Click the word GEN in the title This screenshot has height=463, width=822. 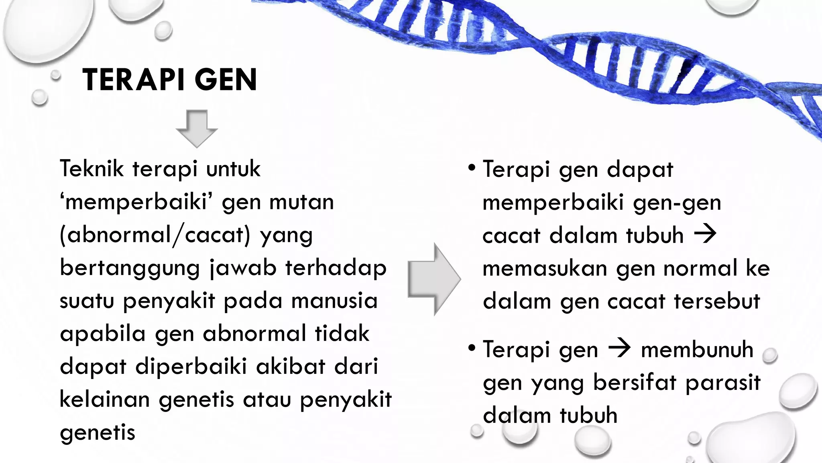226,80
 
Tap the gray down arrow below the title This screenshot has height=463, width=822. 197,128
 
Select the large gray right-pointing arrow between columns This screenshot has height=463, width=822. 434,279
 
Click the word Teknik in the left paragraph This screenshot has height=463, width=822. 92,169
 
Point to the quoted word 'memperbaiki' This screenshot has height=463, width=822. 136,202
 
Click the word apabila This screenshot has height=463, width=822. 102,334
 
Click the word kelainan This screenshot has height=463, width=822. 104,400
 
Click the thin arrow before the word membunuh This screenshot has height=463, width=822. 619,348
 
